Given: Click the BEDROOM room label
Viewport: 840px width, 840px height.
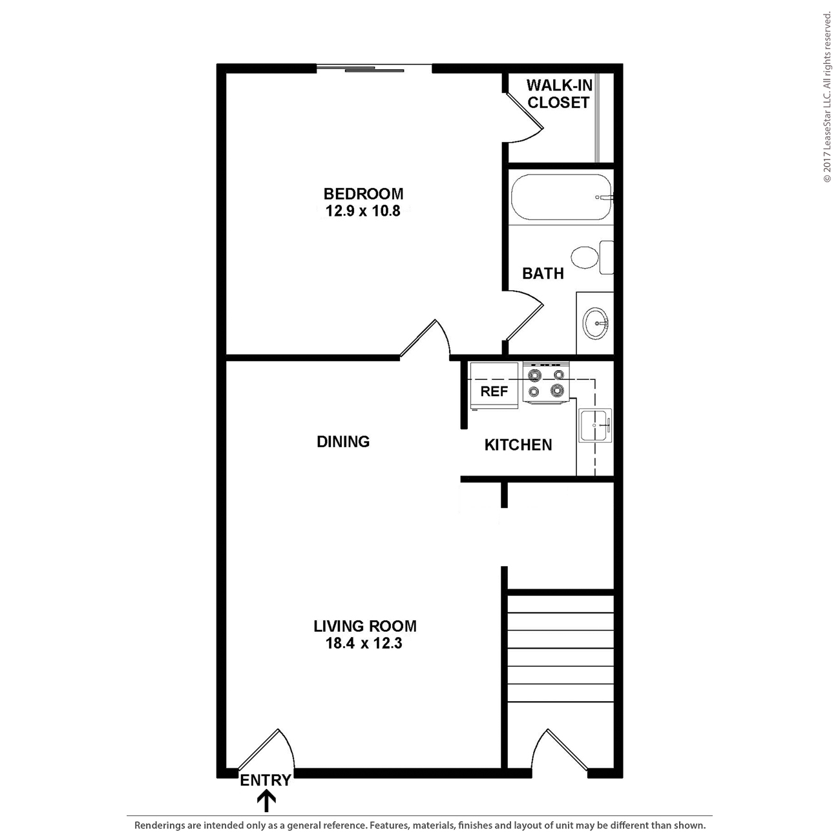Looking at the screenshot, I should click(363, 193).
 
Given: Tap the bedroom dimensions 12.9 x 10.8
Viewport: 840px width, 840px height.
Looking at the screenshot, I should click(363, 211).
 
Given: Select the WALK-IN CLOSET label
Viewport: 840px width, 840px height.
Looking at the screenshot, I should click(559, 94).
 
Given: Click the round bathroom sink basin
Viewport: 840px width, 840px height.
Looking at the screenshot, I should click(595, 322).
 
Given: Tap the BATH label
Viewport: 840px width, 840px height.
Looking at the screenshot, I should click(543, 273).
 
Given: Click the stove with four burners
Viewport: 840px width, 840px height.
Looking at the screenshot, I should click(546, 383).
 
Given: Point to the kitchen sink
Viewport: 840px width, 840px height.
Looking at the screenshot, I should click(595, 426).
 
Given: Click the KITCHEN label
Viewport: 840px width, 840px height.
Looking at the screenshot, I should click(518, 445).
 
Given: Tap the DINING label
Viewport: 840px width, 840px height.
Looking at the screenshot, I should click(343, 441).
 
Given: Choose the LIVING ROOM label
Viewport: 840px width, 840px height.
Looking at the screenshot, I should click(365, 625).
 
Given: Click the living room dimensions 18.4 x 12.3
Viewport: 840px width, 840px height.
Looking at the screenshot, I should click(364, 644).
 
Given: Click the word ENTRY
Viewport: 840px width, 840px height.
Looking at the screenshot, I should click(266, 781).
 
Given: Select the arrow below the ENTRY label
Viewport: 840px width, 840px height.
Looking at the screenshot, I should click(266, 802).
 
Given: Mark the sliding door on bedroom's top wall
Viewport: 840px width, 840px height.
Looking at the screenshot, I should click(373, 67).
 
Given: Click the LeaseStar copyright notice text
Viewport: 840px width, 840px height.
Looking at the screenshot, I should click(827, 97).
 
